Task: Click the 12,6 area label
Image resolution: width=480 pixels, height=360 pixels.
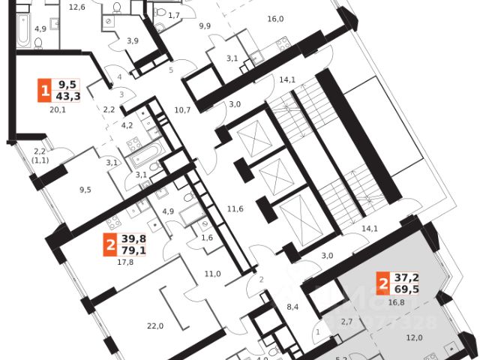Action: tap(76, 7)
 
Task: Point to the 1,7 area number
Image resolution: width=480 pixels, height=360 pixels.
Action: tap(174, 15)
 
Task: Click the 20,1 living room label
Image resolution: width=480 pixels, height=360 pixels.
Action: tap(58, 109)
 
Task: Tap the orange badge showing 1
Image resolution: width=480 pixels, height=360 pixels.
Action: tap(46, 92)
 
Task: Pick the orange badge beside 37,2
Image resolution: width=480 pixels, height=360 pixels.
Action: tap(384, 283)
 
